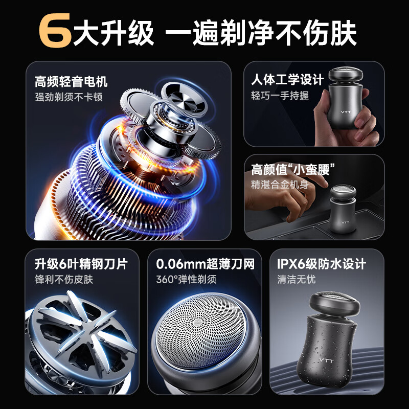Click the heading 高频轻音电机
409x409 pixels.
coord(71,81)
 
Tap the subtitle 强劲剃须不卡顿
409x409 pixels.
coord(69,97)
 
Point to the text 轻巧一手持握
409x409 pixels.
coord(280,96)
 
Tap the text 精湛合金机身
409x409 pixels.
coord(280,185)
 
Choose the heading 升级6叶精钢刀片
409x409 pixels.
coord(81,264)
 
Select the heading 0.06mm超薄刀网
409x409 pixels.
coord(204,264)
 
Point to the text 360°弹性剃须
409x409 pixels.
coord(186,280)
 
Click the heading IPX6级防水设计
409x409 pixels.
coord(322,264)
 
